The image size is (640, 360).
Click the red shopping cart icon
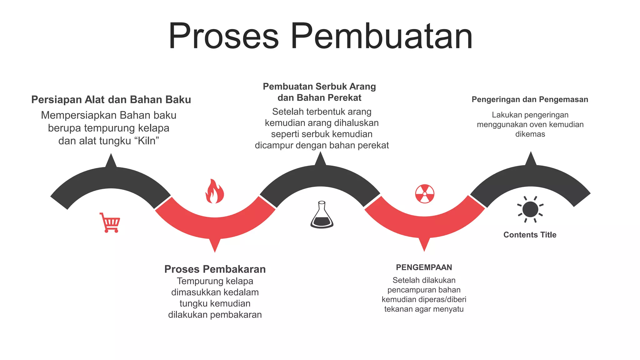[110, 222]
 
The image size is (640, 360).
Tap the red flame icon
[214, 191]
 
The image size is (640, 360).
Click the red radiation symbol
[425, 194]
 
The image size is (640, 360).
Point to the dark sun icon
[530, 209]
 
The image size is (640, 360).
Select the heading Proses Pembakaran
[215, 269]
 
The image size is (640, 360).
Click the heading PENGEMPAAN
[424, 267]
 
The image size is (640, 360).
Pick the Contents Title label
[530, 235]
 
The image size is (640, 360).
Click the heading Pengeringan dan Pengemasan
[530, 99]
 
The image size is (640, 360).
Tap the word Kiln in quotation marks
[146, 141]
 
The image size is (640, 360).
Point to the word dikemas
[530, 134]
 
